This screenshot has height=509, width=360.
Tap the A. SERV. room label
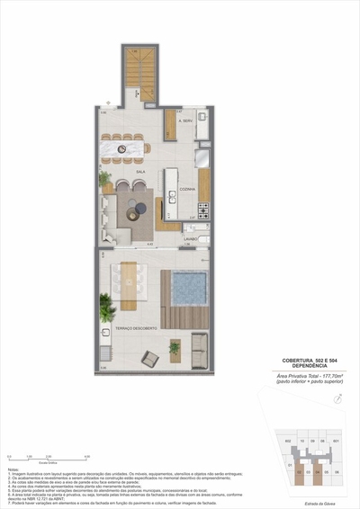(187, 121)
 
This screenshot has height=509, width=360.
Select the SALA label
(140, 170)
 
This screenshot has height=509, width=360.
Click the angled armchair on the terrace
(150, 359)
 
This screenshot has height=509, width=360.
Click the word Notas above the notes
(13, 469)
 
